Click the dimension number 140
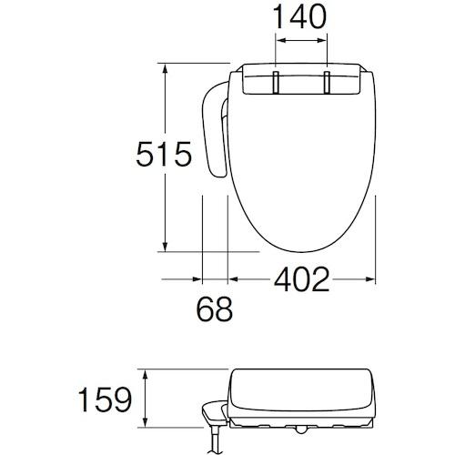(300, 17)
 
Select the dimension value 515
(164, 154)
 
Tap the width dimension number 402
(301, 279)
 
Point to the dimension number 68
(215, 309)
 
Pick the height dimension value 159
(105, 399)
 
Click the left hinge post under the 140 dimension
(276, 83)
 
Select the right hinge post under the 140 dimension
(327, 83)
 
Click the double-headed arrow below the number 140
(301, 40)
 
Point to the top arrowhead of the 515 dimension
(165, 69)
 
